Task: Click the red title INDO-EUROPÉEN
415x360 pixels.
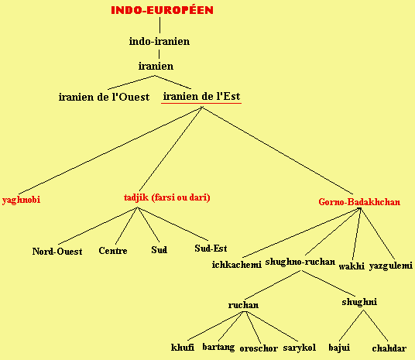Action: tap(162, 10)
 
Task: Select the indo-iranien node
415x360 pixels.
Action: tap(159, 41)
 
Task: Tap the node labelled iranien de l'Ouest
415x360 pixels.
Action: tap(104, 97)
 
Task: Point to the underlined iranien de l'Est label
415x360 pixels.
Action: tap(201, 96)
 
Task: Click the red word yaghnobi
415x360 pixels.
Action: tap(21, 199)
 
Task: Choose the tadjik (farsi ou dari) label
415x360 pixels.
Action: tap(167, 197)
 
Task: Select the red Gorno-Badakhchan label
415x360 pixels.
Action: tap(359, 202)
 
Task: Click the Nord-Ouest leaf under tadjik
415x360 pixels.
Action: tap(57, 251)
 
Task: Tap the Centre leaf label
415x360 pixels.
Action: tap(113, 250)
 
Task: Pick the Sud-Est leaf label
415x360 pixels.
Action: tap(211, 249)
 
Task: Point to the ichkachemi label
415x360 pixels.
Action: tap(237, 265)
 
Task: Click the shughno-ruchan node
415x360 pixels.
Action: tap(300, 262)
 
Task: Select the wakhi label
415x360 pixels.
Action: tap(352, 266)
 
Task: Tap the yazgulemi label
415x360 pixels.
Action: tap(391, 266)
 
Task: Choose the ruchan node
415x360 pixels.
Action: tap(243, 305)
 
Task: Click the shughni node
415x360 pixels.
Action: tap(359, 302)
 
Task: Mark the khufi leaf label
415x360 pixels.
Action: tap(183, 347)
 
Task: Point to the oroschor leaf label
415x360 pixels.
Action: tap(259, 348)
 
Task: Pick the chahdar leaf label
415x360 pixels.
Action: tap(389, 348)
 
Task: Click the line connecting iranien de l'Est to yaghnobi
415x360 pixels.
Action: tap(111, 151)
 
